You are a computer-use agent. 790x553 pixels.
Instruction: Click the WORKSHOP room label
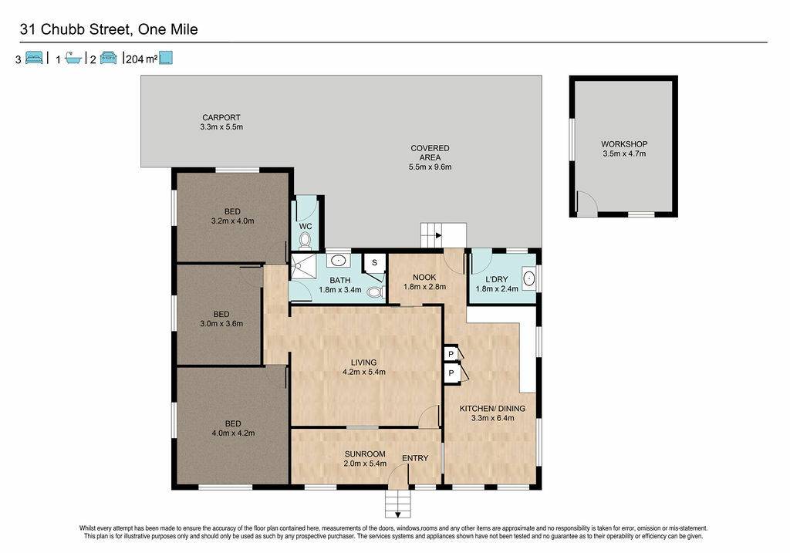tap(623, 144)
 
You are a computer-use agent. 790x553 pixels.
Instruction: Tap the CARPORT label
tap(221, 117)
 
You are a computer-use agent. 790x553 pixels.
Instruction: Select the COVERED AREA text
tap(430, 153)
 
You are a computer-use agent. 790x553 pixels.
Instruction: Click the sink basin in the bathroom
tap(338, 261)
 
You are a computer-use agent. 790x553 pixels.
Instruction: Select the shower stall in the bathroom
tap(304, 266)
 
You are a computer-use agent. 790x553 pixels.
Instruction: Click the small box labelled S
tap(374, 262)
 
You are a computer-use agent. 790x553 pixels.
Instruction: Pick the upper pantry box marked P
tap(451, 354)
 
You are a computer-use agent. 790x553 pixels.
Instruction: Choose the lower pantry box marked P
tap(451, 373)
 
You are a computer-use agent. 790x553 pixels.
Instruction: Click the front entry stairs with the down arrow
tap(398, 504)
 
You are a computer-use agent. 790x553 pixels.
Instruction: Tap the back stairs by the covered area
tap(444, 235)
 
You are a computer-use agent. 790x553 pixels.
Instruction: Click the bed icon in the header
tap(34, 58)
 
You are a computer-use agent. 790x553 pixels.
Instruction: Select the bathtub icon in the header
tap(73, 59)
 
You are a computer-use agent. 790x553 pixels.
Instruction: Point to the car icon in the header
tap(108, 58)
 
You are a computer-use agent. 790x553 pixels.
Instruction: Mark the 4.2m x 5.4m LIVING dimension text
tap(364, 373)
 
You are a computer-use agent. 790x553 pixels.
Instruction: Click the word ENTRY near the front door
tap(414, 458)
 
